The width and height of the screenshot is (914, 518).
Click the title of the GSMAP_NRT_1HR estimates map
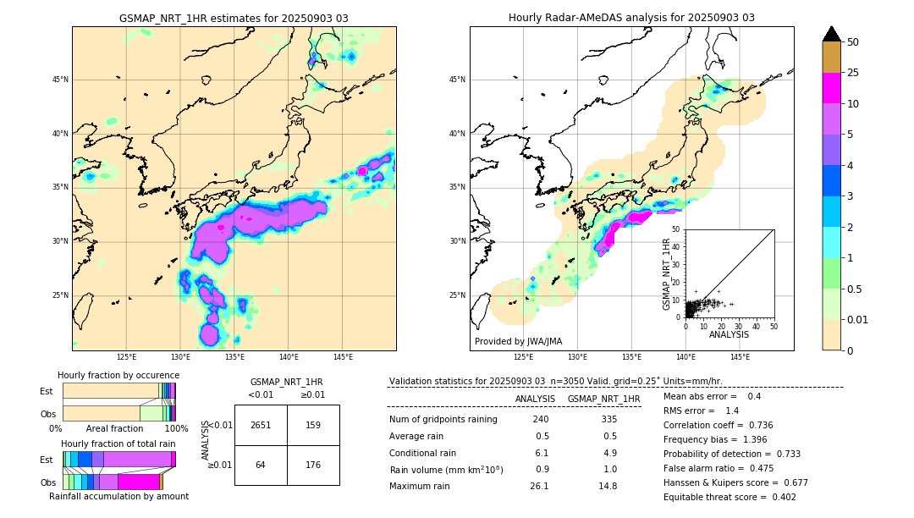pyautogui.click(x=234, y=18)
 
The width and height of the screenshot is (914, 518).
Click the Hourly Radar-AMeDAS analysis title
pyautogui.click(x=631, y=18)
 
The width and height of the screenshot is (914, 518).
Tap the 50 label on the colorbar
pyautogui.click(x=853, y=42)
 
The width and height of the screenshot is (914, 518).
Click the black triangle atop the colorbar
pyautogui.click(x=832, y=34)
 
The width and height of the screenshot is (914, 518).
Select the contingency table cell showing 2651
pyautogui.click(x=261, y=425)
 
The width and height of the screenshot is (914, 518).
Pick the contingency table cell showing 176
pyautogui.click(x=313, y=464)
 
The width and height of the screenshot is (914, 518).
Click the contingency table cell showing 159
pyautogui.click(x=313, y=425)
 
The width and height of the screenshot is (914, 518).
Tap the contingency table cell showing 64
pyautogui.click(x=261, y=464)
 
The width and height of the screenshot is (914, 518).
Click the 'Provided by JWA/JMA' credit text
pyautogui.click(x=518, y=341)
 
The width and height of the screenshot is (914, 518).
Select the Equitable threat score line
pyautogui.click(x=730, y=497)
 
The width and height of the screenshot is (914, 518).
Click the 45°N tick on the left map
pyautogui.click(x=60, y=80)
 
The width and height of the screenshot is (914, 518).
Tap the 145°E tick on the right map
pyautogui.click(x=740, y=357)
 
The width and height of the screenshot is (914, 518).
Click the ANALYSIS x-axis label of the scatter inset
pyautogui.click(x=729, y=334)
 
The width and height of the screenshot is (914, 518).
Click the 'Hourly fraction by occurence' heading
pyautogui.click(x=118, y=375)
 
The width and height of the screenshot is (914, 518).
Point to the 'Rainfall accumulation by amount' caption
pyautogui.click(x=118, y=496)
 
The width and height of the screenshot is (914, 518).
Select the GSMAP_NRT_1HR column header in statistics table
pyautogui.click(x=603, y=399)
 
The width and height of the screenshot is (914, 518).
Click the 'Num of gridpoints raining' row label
pyautogui.click(x=443, y=419)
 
